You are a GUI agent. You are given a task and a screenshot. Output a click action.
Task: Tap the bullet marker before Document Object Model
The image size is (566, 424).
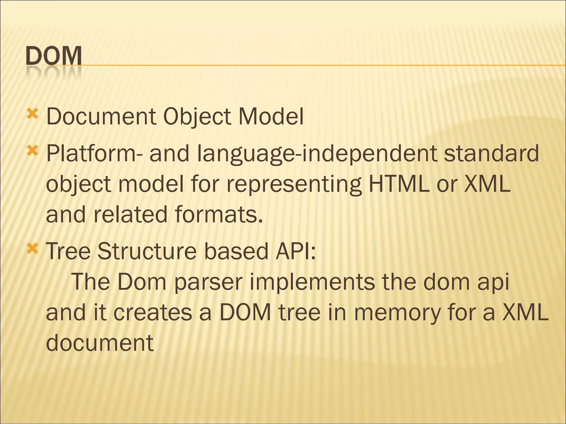pyautogui.click(x=32, y=113)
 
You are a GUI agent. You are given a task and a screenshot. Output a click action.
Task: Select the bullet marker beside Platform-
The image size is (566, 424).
pyautogui.click(x=32, y=151)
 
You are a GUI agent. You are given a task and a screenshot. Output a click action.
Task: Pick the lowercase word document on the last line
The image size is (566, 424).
pyautogui.click(x=99, y=343)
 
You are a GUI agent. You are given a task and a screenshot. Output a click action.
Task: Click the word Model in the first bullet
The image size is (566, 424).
pyautogui.click(x=271, y=116)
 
